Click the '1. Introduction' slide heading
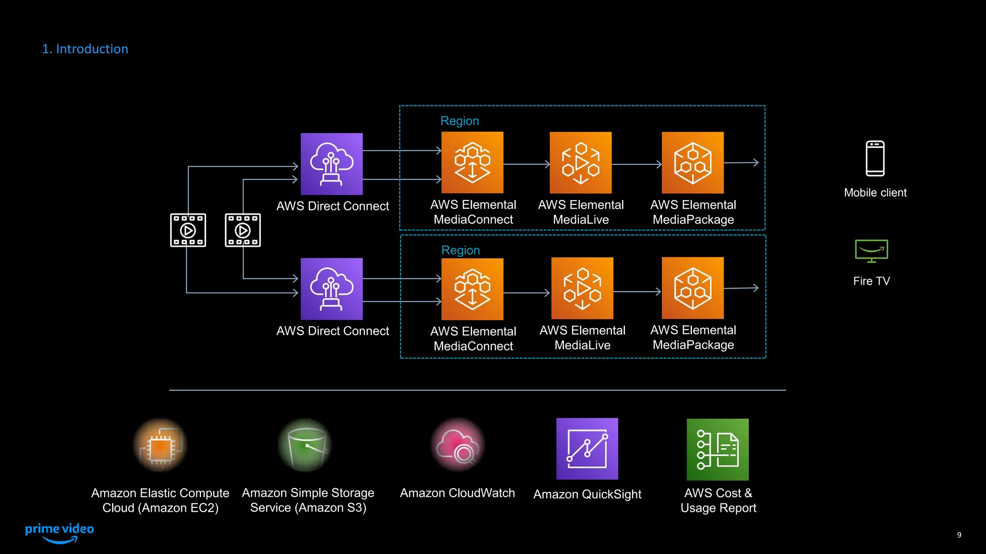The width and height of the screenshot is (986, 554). pyautogui.click(x=85, y=49)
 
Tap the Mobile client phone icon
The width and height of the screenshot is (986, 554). pyautogui.click(x=875, y=159)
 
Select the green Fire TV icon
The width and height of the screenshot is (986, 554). pyautogui.click(x=871, y=251)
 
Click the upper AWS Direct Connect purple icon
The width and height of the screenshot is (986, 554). pyautogui.click(x=332, y=164)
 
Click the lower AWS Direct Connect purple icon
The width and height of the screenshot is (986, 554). pyautogui.click(x=332, y=289)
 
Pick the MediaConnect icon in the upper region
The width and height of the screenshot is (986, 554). pyautogui.click(x=472, y=163)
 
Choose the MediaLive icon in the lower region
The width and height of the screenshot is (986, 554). pyautogui.click(x=582, y=288)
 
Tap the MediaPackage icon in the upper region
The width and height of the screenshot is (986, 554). pyautogui.click(x=692, y=163)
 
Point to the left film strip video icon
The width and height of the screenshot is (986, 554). pyautogui.click(x=188, y=230)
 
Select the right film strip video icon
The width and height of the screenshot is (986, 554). pyautogui.click(x=243, y=230)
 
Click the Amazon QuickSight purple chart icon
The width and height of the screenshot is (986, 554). pyautogui.click(x=587, y=449)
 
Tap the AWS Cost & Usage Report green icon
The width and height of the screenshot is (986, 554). pyautogui.click(x=717, y=449)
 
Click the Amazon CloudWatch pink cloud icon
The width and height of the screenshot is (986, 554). pyautogui.click(x=457, y=445)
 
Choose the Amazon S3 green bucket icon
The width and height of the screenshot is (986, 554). pyautogui.click(x=306, y=445)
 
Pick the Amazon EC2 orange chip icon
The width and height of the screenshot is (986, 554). pyautogui.click(x=160, y=445)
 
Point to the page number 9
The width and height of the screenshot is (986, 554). pyautogui.click(x=959, y=535)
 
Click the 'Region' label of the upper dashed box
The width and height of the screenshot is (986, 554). pyautogui.click(x=459, y=121)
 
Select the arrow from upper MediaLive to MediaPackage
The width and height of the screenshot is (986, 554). pyautogui.click(x=636, y=164)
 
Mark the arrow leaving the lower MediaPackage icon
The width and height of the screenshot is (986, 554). pyautogui.click(x=741, y=288)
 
